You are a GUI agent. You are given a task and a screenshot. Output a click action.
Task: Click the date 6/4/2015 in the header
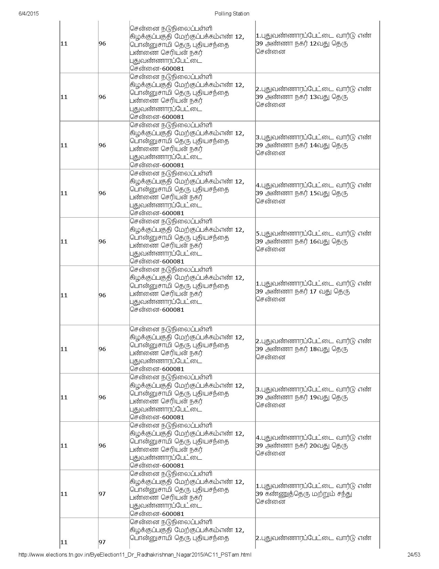[x=29, y=14]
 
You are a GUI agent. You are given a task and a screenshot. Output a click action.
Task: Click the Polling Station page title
[x=232, y=14]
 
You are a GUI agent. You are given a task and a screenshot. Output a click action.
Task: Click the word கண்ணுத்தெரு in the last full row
[x=288, y=494]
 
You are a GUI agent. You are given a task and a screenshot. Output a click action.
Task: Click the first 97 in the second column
[x=102, y=494]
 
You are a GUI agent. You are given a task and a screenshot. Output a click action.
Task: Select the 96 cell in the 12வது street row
[x=102, y=44]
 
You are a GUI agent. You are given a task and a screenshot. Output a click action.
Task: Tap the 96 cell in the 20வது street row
[x=102, y=446]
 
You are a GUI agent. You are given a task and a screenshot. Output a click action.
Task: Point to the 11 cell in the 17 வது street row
[x=64, y=295]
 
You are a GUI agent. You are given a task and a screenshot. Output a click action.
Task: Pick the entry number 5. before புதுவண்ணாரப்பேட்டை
[x=258, y=233]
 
